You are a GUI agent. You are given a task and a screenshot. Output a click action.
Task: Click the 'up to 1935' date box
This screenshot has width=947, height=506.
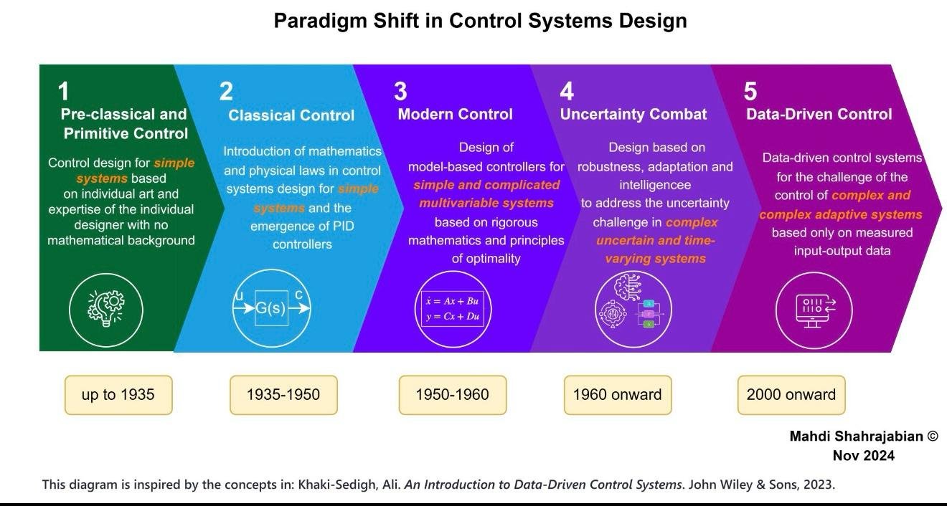[118, 395]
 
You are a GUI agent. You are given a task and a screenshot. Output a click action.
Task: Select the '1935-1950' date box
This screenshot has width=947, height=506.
[283, 395]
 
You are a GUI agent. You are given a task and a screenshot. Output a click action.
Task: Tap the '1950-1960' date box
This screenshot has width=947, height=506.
[453, 395]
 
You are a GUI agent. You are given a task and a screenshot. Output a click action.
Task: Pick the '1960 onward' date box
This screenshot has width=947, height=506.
[618, 395]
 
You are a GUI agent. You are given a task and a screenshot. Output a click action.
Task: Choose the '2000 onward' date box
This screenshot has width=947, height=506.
[791, 395]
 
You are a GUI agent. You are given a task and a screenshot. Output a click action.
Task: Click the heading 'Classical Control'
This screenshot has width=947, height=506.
[291, 115]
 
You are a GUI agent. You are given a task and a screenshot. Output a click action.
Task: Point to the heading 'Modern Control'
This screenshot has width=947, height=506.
[456, 114]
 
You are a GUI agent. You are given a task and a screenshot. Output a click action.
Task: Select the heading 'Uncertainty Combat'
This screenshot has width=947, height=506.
[633, 114]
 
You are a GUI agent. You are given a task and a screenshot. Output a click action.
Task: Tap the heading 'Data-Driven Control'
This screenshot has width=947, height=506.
[819, 114]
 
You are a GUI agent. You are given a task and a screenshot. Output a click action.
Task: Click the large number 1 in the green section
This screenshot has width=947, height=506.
[63, 91]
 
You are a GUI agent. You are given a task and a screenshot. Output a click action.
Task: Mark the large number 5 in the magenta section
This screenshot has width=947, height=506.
[750, 91]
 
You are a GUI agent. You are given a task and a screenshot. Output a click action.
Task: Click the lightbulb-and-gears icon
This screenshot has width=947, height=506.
[106, 309]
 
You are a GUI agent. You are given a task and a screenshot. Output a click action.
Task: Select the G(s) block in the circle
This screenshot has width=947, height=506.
[271, 308]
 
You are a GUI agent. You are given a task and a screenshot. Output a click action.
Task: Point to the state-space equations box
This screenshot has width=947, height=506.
[453, 309]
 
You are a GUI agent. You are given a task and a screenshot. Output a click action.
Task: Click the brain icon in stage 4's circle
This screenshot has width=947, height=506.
[627, 287]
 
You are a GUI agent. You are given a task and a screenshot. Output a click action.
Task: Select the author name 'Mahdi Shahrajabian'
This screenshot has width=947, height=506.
[856, 436]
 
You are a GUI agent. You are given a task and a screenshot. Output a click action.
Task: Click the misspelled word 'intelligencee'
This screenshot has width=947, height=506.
[655, 185]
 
